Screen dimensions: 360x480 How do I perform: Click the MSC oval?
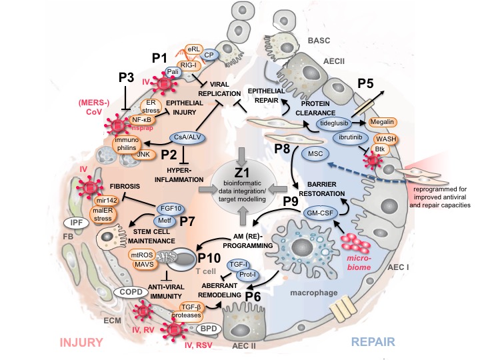pyautogui.click(x=316, y=154)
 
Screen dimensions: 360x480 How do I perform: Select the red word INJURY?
pyautogui.click(x=81, y=342)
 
